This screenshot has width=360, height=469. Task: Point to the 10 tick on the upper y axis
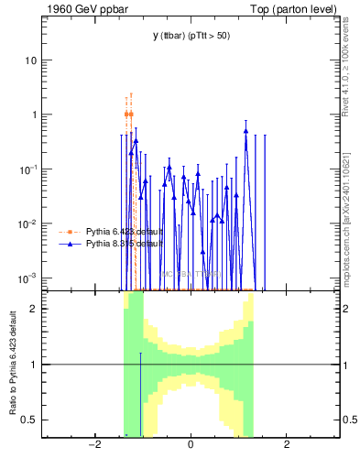point(31,60)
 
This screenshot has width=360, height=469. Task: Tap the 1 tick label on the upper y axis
point(34,115)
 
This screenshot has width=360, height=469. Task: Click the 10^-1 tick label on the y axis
point(29,169)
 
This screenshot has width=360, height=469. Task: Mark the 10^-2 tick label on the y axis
point(29,224)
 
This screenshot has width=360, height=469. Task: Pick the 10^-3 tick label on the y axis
point(29,278)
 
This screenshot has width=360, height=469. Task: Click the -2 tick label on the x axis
point(93,445)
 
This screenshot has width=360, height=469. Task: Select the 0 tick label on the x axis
point(190,445)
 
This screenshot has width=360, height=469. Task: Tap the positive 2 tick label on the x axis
point(287,445)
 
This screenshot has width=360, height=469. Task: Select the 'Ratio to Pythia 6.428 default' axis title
point(12,363)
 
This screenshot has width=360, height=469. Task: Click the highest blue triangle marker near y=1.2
point(245,131)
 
